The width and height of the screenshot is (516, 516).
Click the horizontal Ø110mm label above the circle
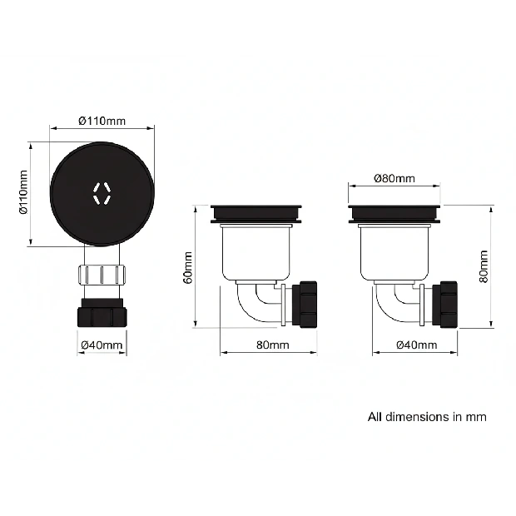(102, 122)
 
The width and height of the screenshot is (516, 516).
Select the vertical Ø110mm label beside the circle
(23, 192)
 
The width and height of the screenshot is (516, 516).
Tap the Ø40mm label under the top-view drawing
(102, 345)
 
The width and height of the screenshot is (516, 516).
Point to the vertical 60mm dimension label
(188, 267)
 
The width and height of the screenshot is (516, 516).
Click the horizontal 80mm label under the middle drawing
(273, 345)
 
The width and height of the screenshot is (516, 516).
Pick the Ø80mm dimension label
(394, 178)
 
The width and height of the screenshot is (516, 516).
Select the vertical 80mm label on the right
(484, 266)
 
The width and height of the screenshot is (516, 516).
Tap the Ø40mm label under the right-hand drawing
(417, 345)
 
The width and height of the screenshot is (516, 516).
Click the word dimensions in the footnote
(417, 417)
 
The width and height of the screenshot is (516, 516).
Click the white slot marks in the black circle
(102, 193)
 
